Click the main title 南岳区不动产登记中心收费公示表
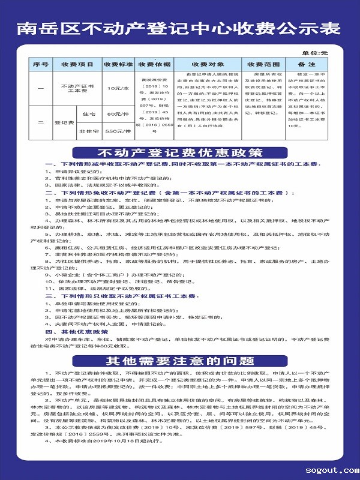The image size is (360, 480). (179, 29)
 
